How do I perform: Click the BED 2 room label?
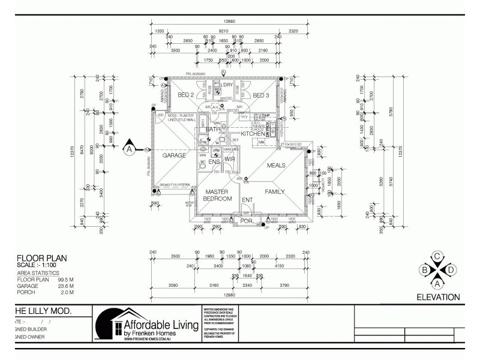coord(186,95)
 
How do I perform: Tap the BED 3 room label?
coord(261,95)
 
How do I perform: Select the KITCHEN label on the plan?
coord(253,133)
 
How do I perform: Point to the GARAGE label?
coord(173,155)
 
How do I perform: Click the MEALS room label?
coord(275,165)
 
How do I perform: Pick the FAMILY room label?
coord(274,192)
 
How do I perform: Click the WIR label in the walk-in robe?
coord(229,159)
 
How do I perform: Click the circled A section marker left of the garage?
coord(128,149)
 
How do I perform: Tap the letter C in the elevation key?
coord(437,257)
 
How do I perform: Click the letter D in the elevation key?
coord(451,270)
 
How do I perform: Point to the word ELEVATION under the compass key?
coord(438,297)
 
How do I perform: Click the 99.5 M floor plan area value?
coord(65,280)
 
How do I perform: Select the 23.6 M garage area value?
coord(65,286)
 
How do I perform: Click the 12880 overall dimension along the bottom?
coord(226,295)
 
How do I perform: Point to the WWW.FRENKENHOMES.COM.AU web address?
coord(154,339)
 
